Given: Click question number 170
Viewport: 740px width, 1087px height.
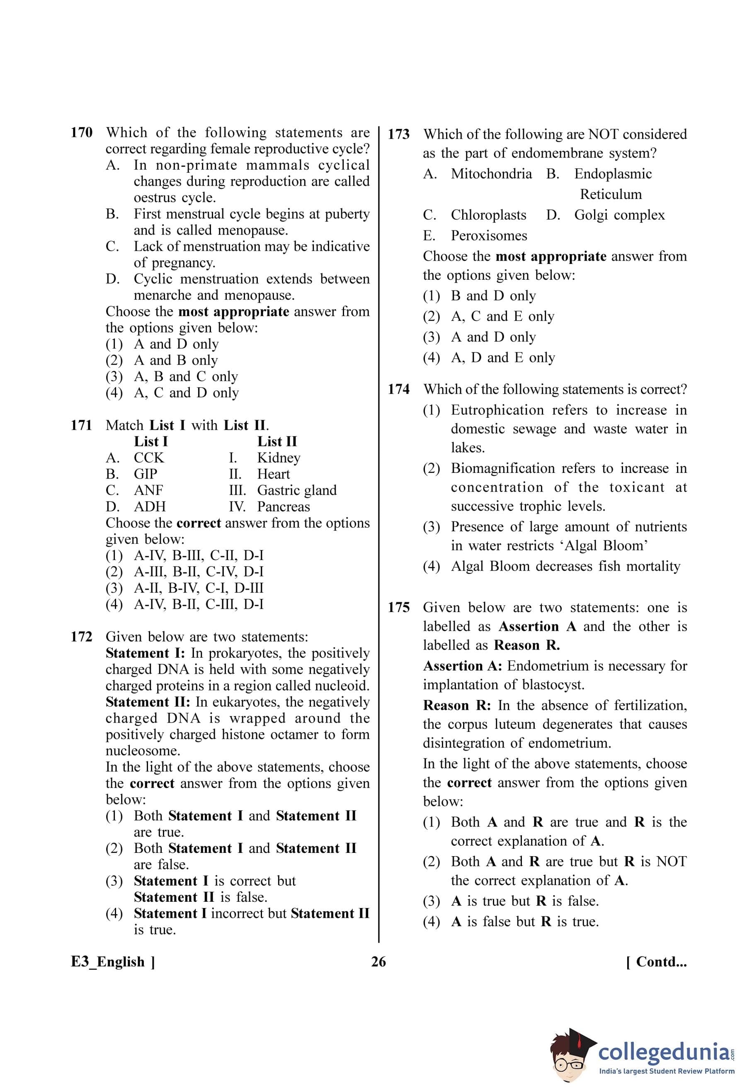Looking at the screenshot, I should pyautogui.click(x=81, y=133).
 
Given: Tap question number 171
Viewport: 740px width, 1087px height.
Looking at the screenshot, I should pyautogui.click(x=81, y=425).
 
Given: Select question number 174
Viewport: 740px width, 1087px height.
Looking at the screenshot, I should pyautogui.click(x=398, y=389).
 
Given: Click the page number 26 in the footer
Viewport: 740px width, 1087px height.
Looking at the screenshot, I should pyautogui.click(x=378, y=962).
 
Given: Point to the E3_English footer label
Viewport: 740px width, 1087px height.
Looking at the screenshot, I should pyautogui.click(x=113, y=962).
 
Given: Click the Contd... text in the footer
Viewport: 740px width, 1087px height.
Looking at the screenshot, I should pyautogui.click(x=656, y=962).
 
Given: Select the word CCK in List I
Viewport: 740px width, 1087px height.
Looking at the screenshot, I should pyautogui.click(x=149, y=458).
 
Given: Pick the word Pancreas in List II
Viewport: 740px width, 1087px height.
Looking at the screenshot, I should pyautogui.click(x=284, y=506).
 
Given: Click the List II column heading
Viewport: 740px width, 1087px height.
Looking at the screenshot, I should pyautogui.click(x=277, y=441).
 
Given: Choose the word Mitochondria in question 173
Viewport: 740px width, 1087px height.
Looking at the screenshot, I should pyautogui.click(x=491, y=174).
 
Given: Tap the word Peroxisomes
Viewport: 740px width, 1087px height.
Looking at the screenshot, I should pyautogui.click(x=489, y=236).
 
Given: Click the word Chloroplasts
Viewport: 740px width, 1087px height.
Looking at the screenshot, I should pyautogui.click(x=488, y=215).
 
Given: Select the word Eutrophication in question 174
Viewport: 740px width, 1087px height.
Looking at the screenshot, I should pyautogui.click(x=497, y=410).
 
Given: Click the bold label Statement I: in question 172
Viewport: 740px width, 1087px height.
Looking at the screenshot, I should pyautogui.click(x=146, y=653).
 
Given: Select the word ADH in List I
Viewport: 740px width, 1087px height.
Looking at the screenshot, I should pyautogui.click(x=150, y=506).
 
